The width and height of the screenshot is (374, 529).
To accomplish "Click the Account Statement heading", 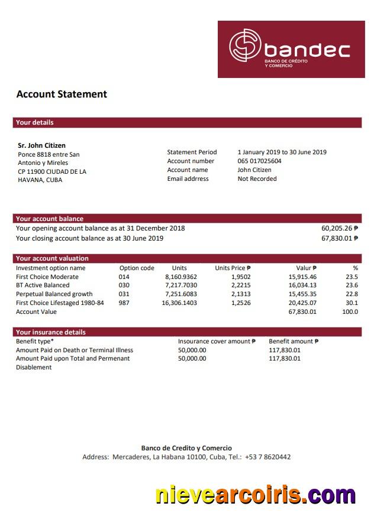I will [62, 94].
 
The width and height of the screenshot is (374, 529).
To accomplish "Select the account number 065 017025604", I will [259, 161].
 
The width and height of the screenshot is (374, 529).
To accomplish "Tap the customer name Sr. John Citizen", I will [42, 145].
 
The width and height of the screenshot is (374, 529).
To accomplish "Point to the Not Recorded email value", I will [257, 179].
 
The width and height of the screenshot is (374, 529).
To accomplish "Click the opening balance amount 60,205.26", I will [339, 228].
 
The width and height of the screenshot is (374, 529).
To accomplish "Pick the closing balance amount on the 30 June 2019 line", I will [339, 238].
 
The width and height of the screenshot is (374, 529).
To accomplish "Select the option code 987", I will [124, 303].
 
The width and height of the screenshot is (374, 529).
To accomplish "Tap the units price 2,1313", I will [240, 294].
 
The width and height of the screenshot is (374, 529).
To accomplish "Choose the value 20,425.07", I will [302, 303].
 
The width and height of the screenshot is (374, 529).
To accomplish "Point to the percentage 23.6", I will [352, 285].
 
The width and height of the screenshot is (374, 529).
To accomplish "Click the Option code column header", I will [137, 268].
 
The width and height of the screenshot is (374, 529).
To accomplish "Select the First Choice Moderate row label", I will [47, 277].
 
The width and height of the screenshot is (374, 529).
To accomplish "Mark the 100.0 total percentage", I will [350, 311].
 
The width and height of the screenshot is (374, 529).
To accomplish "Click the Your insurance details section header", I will [51, 332].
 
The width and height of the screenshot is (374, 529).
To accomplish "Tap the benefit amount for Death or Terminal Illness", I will [285, 350].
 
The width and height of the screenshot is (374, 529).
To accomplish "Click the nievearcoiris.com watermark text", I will [256, 495].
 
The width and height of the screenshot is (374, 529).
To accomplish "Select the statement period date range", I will [282, 152].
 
